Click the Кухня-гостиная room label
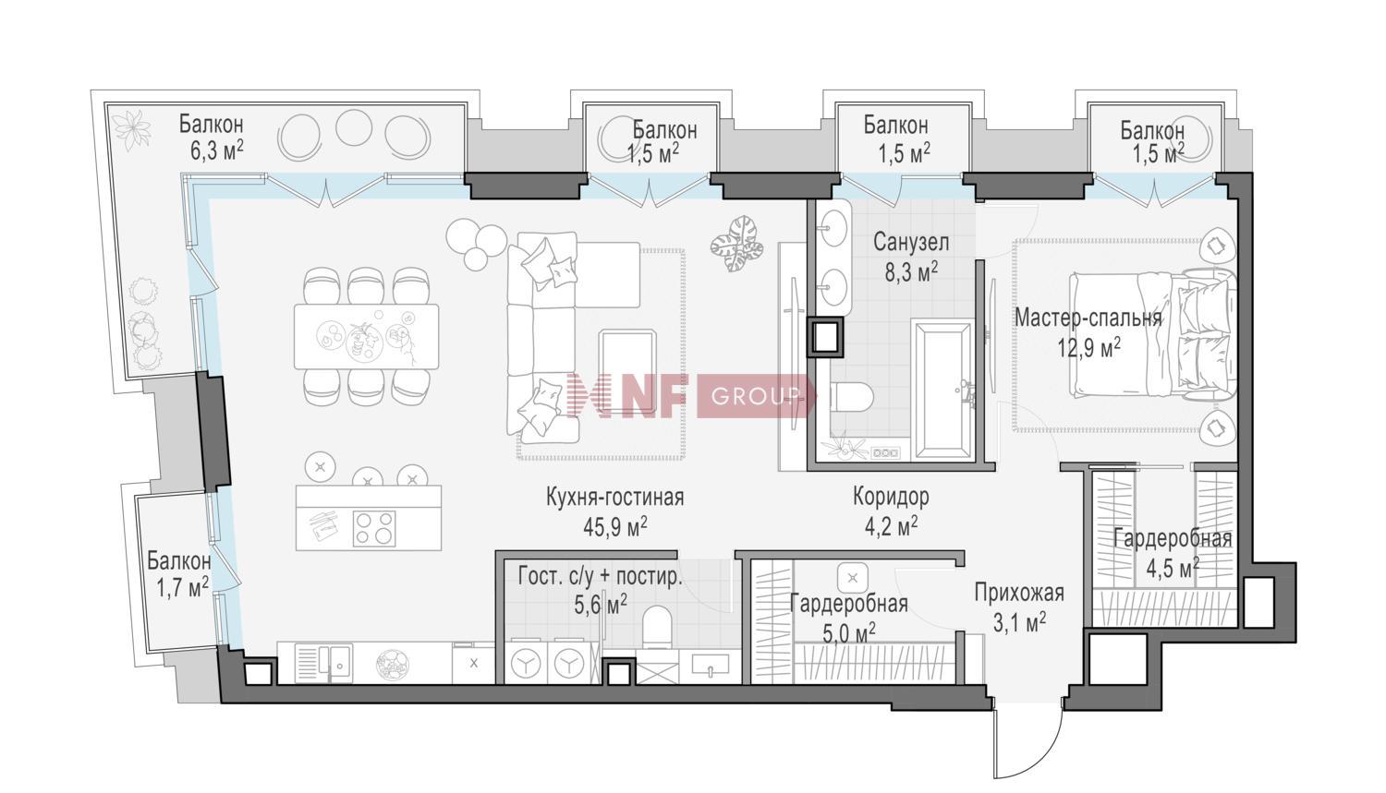(x=614, y=498)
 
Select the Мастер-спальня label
(x=1088, y=318)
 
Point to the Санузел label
(x=911, y=242)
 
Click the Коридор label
(x=891, y=497)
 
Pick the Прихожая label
(x=1019, y=594)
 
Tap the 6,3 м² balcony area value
(x=216, y=150)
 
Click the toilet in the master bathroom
(x=851, y=397)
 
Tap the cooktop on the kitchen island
(x=373, y=528)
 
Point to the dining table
(x=367, y=337)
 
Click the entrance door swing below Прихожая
(x=1028, y=739)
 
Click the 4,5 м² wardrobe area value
(x=1173, y=567)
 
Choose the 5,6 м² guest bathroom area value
(x=601, y=604)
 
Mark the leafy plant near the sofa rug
(x=736, y=244)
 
